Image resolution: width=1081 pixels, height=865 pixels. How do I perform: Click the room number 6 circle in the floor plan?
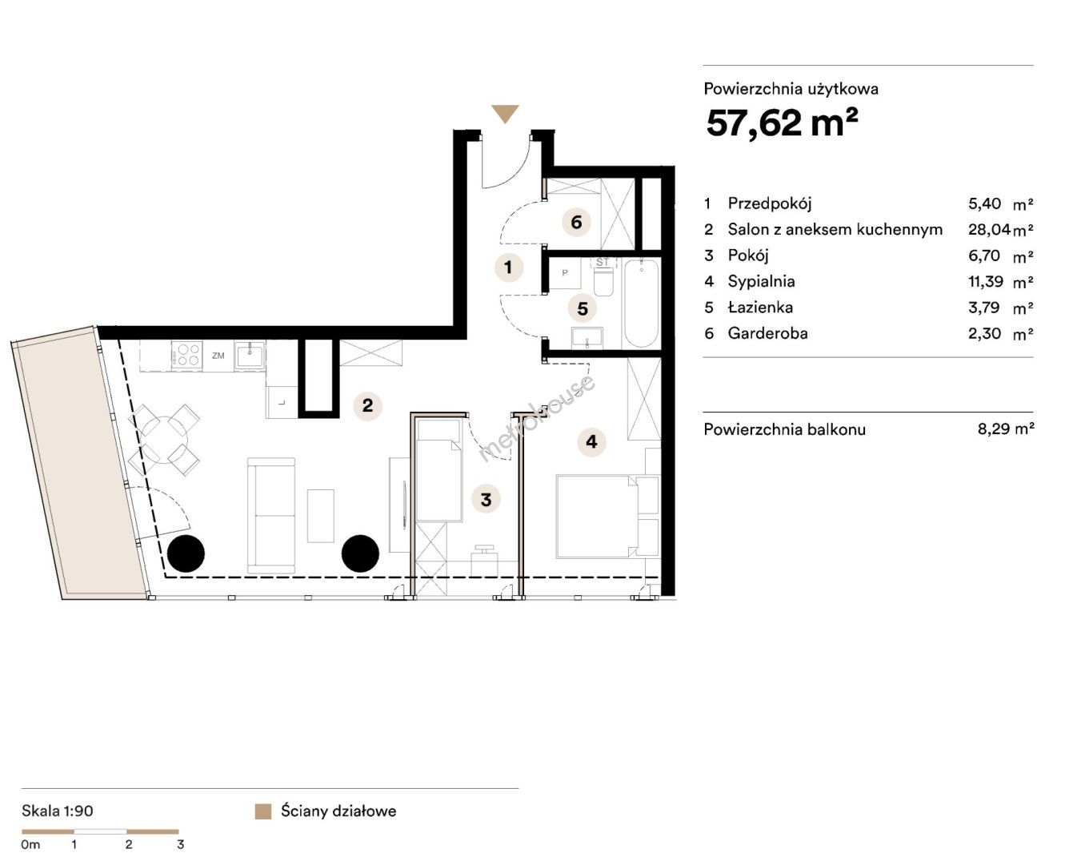(576, 222)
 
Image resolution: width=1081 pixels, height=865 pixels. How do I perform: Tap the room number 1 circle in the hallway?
(509, 267)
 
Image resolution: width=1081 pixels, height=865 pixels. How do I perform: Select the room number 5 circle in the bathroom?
(583, 308)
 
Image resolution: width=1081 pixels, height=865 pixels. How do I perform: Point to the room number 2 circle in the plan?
(368, 405)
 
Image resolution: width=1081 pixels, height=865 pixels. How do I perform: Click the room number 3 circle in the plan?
(486, 500)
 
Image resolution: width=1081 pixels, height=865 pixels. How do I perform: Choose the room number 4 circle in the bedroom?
(592, 441)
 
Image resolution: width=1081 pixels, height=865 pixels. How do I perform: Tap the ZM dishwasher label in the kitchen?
(218, 356)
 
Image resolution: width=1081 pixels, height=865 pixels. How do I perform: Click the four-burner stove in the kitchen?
(187, 355)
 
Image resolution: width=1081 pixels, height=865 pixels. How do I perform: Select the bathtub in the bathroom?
(641, 304)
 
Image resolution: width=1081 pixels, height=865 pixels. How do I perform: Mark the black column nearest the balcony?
(186, 553)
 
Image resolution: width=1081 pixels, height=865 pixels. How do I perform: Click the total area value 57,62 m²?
(782, 123)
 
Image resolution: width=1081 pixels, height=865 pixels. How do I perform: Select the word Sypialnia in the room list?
(761, 281)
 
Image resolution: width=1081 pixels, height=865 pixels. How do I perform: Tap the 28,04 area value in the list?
(988, 229)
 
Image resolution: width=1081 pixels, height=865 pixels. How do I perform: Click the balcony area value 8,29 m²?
(1006, 428)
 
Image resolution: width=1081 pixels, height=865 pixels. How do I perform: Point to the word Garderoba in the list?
(767, 333)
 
